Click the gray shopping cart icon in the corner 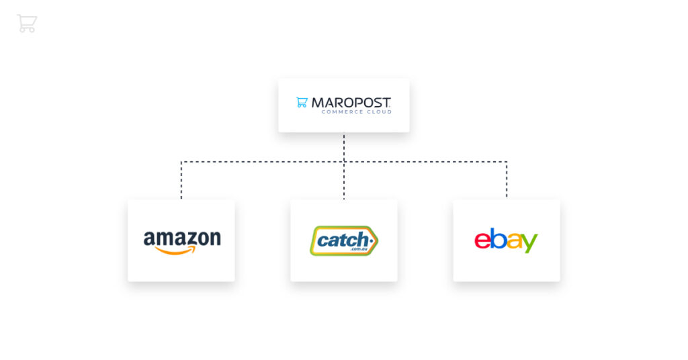pos(27,24)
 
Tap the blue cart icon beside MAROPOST pos(302,102)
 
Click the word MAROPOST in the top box pos(351,103)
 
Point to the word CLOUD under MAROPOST pos(379,111)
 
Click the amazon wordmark pos(182,239)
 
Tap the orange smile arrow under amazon pos(175,251)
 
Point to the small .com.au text pos(359,249)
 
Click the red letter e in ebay pos(482,240)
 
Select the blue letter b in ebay pos(498,238)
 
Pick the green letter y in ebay pos(529,243)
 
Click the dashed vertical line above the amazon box pos(181,180)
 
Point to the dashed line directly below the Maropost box pos(344,147)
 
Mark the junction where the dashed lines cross pos(344,162)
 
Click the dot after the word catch pos(372,240)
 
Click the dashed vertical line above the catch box pos(344,181)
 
